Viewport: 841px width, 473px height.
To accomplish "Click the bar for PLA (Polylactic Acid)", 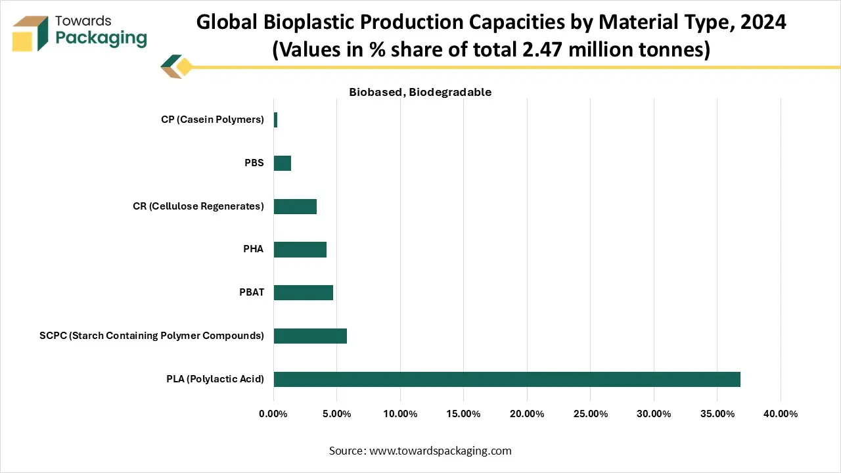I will (x=507, y=379).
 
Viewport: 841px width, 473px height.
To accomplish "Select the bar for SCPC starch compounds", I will (x=310, y=336).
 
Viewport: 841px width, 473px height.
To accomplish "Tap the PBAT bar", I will (x=303, y=292).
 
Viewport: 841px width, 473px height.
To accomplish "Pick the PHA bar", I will (x=300, y=250).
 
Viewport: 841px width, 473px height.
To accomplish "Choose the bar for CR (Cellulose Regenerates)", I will (x=295, y=206).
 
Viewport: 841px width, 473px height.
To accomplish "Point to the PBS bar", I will (x=282, y=163).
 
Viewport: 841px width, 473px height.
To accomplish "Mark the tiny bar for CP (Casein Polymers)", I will (x=275, y=120).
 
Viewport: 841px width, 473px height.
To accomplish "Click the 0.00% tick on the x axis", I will (x=273, y=414).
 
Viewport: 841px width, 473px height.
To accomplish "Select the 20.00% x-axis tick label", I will (x=526, y=414).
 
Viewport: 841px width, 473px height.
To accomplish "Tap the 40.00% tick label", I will (x=780, y=414).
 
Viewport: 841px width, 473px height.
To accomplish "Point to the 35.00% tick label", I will (x=717, y=414).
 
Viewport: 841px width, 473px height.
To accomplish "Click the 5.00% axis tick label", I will (x=336, y=414).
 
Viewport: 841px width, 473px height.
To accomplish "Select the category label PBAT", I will (x=251, y=292).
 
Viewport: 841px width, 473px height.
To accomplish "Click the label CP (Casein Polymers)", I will (x=212, y=120).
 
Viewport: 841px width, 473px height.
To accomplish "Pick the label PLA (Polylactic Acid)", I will (x=215, y=379).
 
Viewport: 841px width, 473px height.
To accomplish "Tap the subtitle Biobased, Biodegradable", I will (x=420, y=93).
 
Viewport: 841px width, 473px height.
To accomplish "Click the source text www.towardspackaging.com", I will (x=440, y=451).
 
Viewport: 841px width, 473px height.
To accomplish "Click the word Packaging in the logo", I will (x=101, y=38).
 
